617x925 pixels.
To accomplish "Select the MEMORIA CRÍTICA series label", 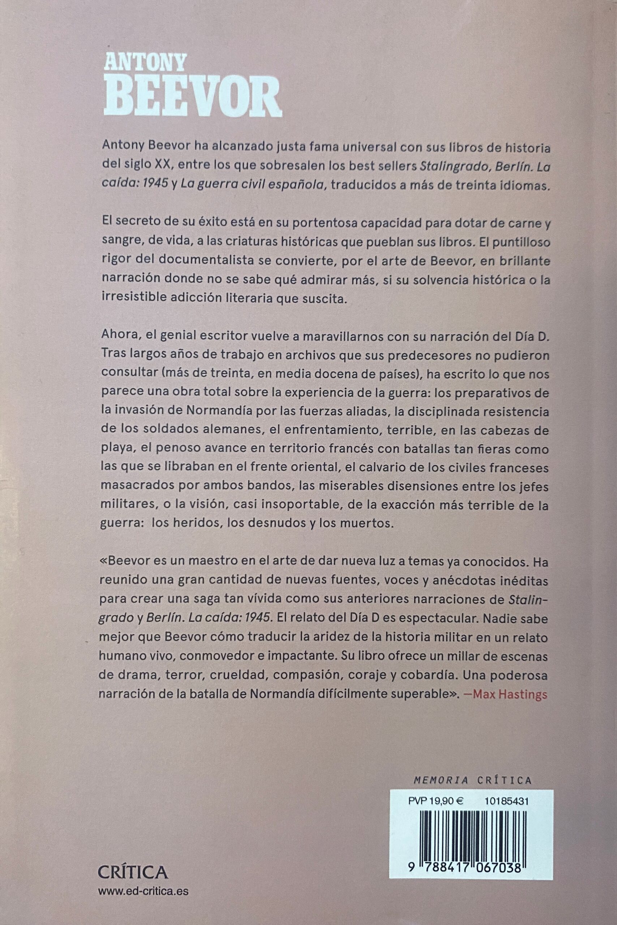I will coord(472,767).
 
